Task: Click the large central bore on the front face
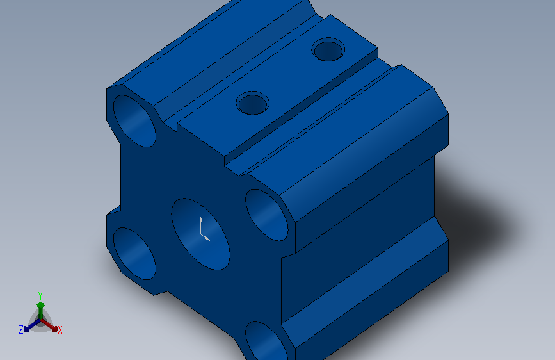point(201,234)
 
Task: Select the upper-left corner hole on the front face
point(134,121)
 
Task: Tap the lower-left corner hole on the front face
point(134,254)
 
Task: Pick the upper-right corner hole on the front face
point(266,215)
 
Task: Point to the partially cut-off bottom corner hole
point(266,341)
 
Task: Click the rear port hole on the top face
point(328,49)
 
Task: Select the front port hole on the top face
point(253,102)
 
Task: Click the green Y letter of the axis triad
point(40,295)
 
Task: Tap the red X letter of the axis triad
point(60,330)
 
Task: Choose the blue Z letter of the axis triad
point(21,329)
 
